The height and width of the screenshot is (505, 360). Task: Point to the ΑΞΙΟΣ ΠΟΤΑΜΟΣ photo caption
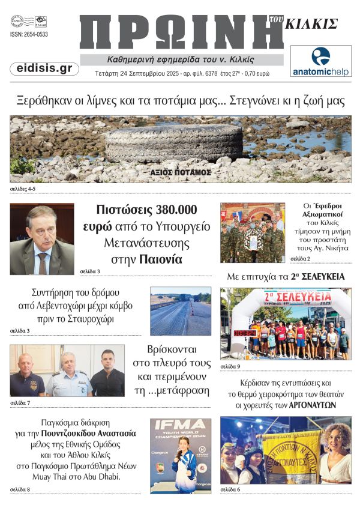181,172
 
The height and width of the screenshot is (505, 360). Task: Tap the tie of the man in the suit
42,261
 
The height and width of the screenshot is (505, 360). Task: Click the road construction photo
181,310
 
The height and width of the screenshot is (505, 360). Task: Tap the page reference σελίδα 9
230,366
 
